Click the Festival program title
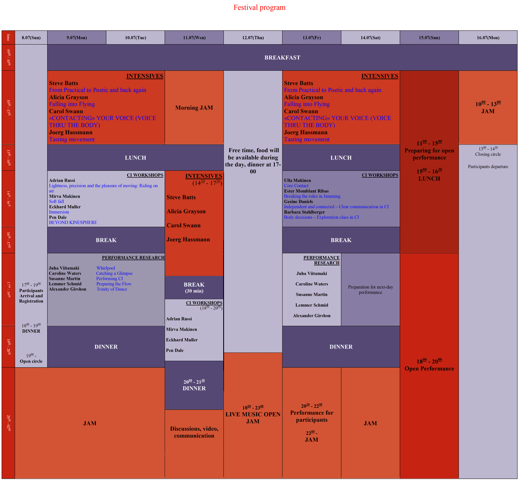(259, 7)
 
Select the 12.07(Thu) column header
(253, 38)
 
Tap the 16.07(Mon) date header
(488, 38)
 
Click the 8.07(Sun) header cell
(31, 38)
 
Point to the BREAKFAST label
(282, 58)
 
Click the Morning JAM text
(194, 108)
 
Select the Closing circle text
(488, 154)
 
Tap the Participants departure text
(488, 167)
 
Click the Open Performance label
(429, 369)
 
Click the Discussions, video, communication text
(194, 432)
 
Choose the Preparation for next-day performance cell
(370, 290)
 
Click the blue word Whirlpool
(105, 268)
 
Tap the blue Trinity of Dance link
(112, 289)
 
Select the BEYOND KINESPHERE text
(73, 223)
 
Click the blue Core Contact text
(296, 186)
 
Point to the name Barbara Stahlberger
(304, 212)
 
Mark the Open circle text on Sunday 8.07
(31, 361)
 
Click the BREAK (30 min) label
(194, 287)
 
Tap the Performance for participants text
(312, 416)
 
